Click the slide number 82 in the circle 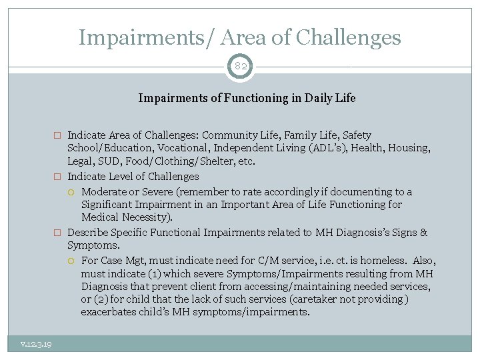tap(240, 67)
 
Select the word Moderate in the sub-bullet tap(104, 191)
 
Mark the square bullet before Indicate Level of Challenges tap(57, 177)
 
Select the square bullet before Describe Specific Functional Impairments tap(57, 233)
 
